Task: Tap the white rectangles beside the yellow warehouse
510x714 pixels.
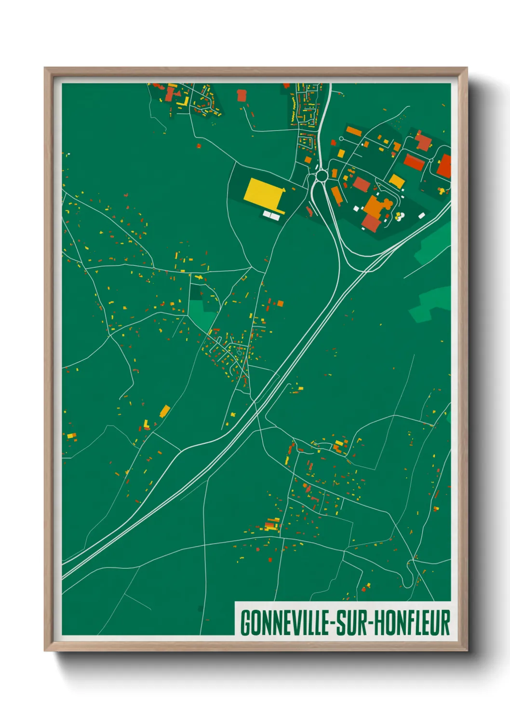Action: pos(271,215)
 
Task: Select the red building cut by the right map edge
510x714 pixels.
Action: pos(444,166)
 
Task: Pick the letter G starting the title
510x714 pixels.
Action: pos(245,623)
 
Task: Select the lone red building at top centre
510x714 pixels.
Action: pos(242,95)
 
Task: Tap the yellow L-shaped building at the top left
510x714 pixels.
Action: pos(183,102)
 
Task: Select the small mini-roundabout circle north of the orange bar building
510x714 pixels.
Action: pos(341,139)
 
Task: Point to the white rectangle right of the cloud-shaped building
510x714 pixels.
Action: pos(422,216)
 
